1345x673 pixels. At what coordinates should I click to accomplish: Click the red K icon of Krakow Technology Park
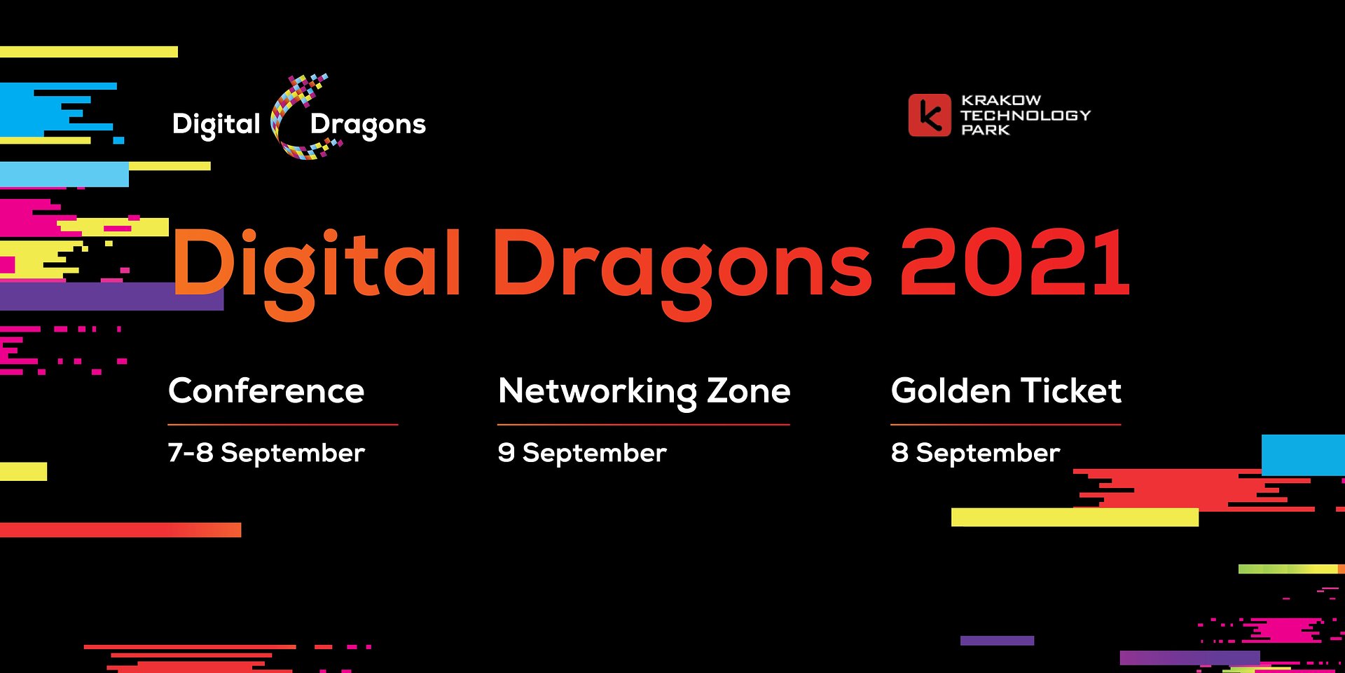tap(930, 115)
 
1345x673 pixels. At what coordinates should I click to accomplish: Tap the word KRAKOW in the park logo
tap(1001, 100)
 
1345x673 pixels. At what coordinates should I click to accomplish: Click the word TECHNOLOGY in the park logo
tap(1026, 115)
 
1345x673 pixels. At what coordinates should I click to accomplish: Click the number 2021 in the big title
tap(1015, 264)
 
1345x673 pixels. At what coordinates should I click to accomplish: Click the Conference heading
tap(266, 391)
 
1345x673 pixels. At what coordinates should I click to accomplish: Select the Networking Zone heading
tap(644, 393)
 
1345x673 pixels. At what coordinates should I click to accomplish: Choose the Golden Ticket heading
tap(1006, 391)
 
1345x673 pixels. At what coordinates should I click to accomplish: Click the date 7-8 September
tap(266, 454)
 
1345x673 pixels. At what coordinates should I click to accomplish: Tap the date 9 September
tap(582, 454)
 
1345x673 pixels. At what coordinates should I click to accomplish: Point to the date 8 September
tap(976, 454)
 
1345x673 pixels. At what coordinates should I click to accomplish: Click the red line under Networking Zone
tap(644, 424)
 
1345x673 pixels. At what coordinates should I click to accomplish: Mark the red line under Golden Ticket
tap(1006, 424)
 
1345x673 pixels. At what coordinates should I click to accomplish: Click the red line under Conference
tap(283, 424)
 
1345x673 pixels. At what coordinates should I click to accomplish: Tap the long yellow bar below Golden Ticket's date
tap(1075, 517)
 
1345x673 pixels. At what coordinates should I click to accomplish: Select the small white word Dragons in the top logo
tap(368, 125)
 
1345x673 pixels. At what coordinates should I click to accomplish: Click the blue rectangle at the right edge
tap(1303, 455)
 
